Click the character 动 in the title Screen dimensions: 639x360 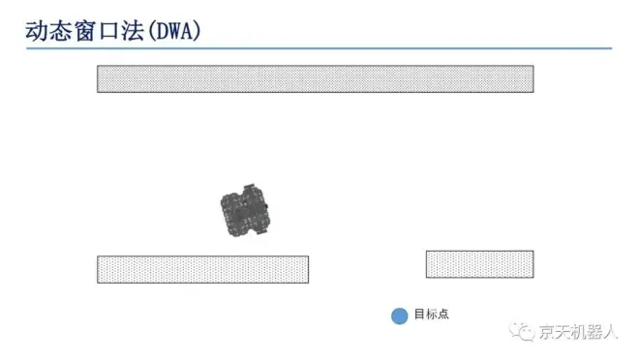point(37,31)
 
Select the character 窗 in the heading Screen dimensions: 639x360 point(85,31)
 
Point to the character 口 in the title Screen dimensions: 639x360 point(108,31)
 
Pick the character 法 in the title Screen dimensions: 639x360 point(133,31)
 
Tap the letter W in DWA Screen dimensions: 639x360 point(176,31)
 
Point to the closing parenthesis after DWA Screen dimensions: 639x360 point(198,31)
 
